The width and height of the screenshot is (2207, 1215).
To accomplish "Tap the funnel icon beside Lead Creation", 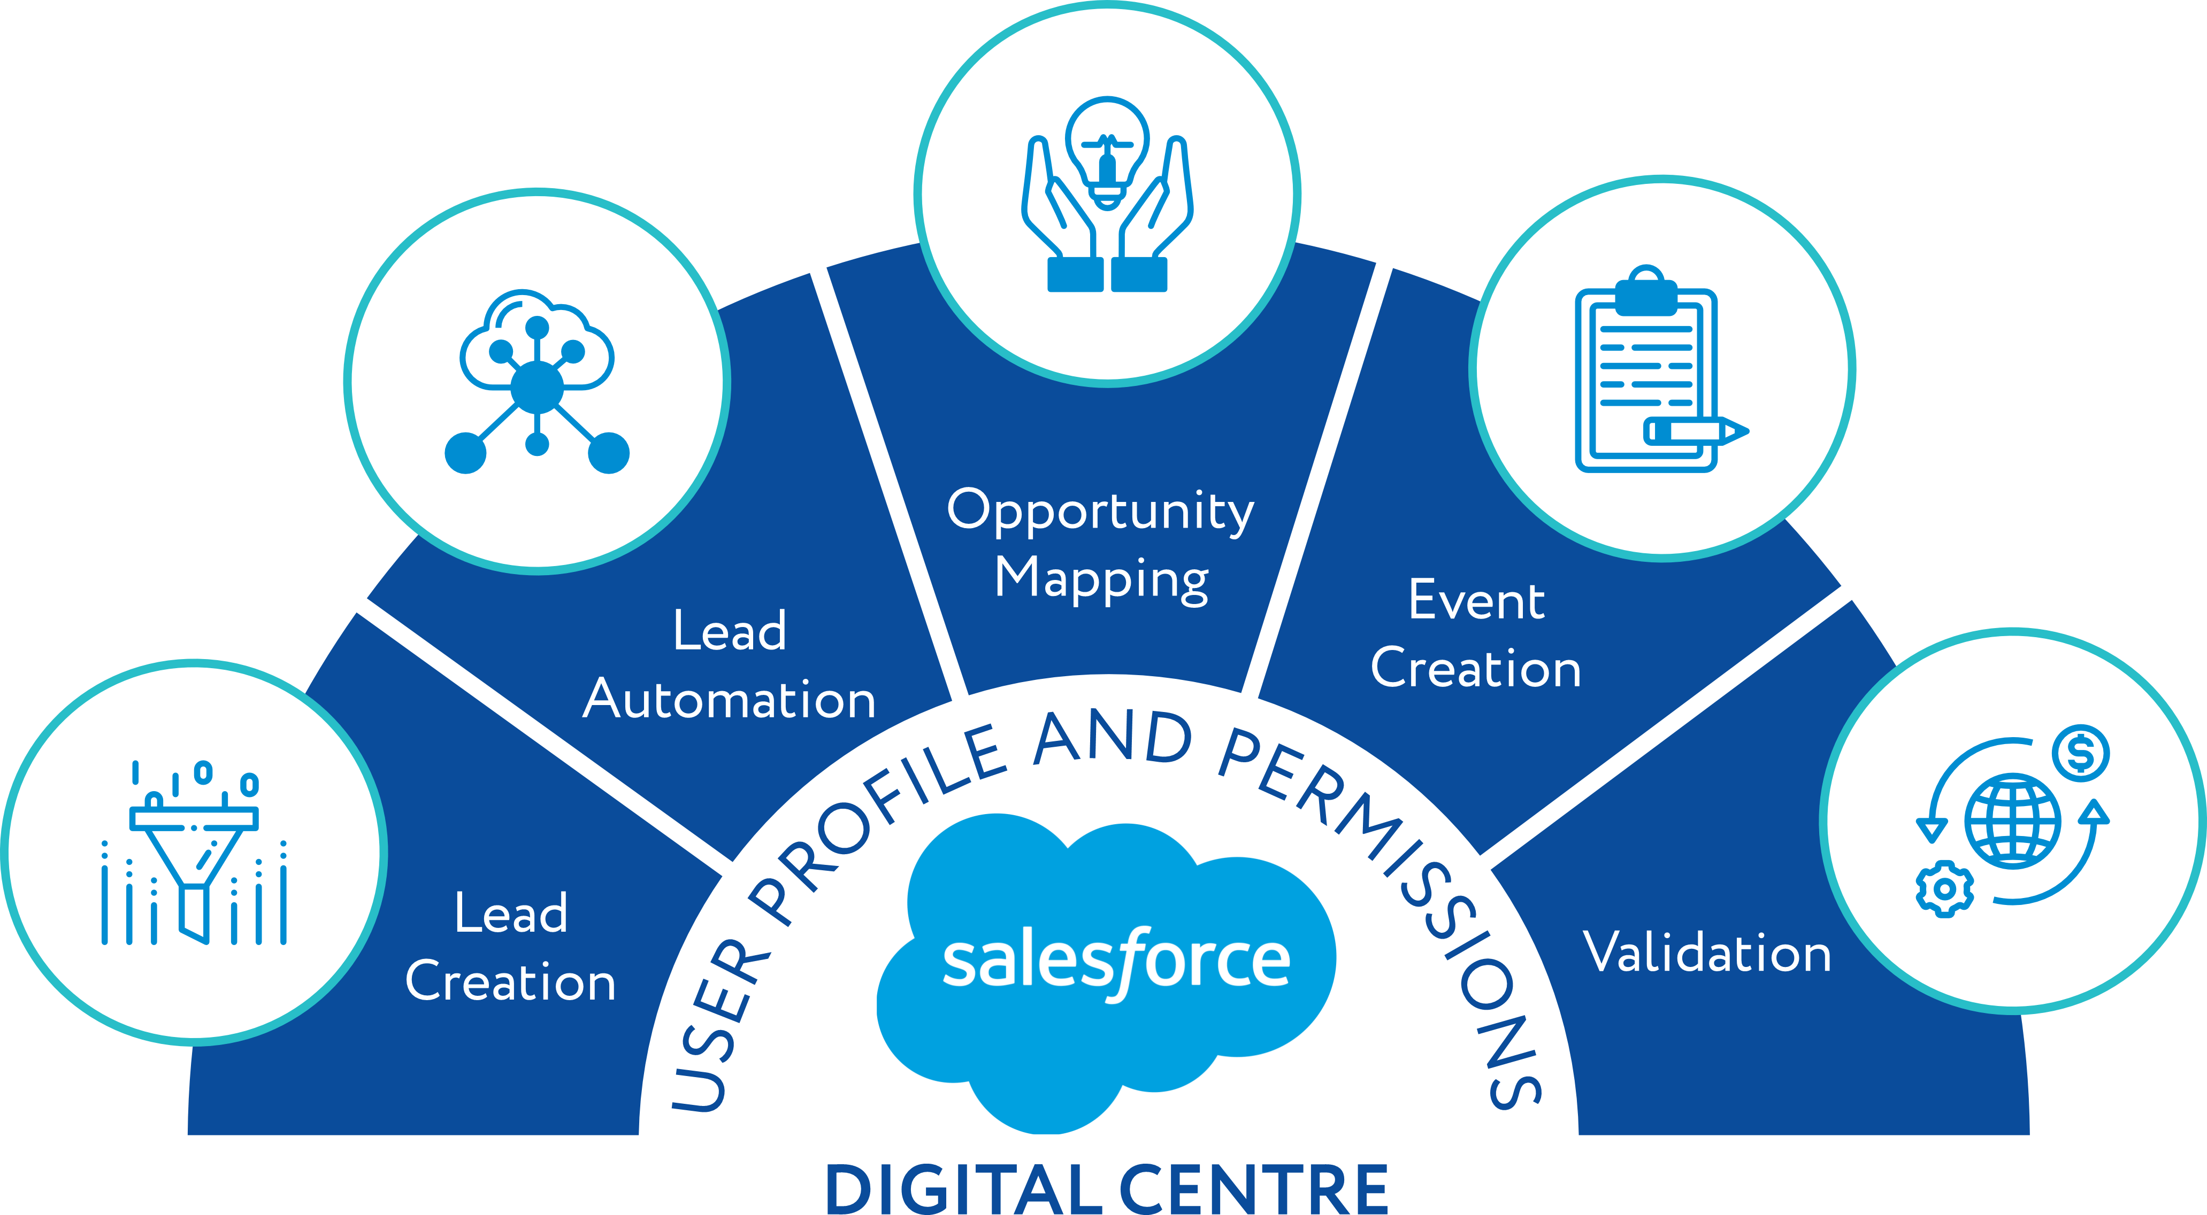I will click(195, 852).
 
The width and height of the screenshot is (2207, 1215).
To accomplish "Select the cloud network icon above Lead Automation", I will click(537, 382).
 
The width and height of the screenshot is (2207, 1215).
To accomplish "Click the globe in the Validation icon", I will click(2012, 821).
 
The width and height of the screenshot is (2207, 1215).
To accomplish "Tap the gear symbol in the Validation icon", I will click(1945, 889).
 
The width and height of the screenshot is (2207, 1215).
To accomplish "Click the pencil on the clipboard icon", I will click(1695, 431).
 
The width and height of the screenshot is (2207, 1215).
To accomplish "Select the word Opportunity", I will click(1100, 511).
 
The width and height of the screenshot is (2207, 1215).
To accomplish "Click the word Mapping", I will click(1102, 579).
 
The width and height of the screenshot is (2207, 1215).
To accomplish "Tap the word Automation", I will click(729, 700).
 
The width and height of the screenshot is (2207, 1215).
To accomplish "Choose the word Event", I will click(1476, 600).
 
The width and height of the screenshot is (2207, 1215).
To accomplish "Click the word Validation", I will click(1707, 952).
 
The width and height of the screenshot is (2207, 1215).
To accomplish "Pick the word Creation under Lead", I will click(511, 982).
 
